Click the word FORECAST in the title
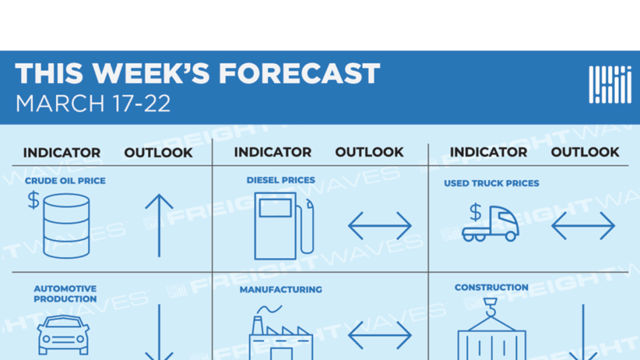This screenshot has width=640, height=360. click(299, 73)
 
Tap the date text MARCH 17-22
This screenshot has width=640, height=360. click(92, 104)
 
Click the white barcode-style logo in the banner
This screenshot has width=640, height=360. click(610, 84)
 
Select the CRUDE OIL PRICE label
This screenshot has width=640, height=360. click(65, 181)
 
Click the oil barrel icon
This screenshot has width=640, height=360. click(67, 226)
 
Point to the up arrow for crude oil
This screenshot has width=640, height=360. click(159, 225)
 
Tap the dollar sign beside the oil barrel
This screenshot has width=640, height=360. click(34, 200)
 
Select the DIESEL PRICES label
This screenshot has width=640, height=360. click(281, 180)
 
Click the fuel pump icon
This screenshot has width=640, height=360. click(284, 226)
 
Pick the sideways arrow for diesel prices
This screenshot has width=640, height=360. click(379, 225)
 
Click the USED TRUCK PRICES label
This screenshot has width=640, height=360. click(492, 183)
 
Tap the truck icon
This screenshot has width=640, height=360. click(491, 224)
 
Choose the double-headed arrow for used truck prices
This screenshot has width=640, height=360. click(583, 225)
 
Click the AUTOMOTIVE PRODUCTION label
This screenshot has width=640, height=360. click(65, 293)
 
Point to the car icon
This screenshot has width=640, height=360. click(63, 335)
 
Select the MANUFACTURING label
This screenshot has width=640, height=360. click(281, 289)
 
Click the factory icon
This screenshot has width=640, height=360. click(281, 332)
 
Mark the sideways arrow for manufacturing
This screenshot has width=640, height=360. click(379, 335)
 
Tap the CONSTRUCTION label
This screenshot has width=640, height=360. click(492, 287)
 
